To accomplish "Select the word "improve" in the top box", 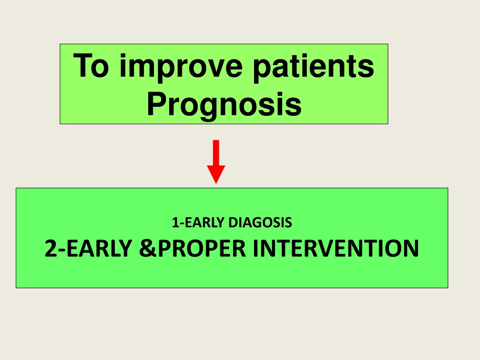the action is [x=181, y=68].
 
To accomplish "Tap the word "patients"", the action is [x=314, y=68].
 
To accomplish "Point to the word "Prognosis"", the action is [x=225, y=106].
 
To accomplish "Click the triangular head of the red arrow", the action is [x=216, y=173].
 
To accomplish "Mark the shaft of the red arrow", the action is [x=216, y=153].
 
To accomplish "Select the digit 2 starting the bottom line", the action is [x=51, y=248].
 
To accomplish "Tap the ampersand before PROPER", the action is [x=148, y=248].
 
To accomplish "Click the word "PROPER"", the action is [x=202, y=248].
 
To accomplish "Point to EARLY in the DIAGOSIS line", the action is [x=204, y=223].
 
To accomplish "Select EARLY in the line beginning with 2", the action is [x=99, y=248].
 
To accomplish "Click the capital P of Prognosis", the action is [x=156, y=104].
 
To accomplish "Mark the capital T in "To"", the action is [x=82, y=65].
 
